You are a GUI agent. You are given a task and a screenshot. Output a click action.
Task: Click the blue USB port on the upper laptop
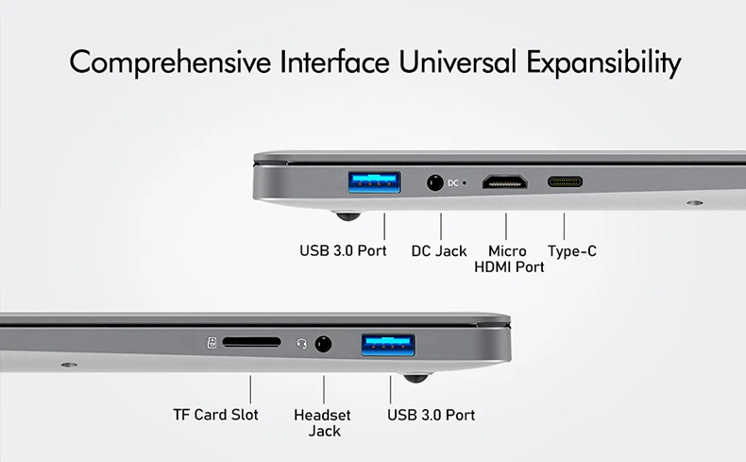click(x=375, y=180)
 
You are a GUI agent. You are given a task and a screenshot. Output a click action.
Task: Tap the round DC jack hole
click(x=435, y=181)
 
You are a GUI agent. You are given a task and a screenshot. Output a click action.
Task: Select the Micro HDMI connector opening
click(x=505, y=181)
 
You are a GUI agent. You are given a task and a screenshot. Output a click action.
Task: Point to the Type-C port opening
click(x=565, y=181)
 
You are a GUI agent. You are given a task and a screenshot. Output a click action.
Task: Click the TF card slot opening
click(x=251, y=342)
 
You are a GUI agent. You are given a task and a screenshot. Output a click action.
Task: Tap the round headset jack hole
click(x=324, y=344)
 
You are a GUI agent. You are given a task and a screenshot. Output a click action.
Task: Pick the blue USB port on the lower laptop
click(x=388, y=345)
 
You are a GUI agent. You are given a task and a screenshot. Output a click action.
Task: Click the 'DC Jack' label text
click(x=439, y=251)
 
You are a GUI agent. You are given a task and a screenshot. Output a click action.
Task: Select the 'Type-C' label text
click(x=572, y=251)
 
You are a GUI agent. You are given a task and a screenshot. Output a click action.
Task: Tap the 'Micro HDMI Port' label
click(x=508, y=259)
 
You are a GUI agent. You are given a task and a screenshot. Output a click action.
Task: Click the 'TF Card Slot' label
click(x=215, y=415)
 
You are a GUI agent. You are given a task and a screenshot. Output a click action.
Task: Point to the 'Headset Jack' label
click(x=323, y=422)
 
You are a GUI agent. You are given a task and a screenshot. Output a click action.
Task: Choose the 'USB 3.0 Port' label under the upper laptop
click(x=343, y=251)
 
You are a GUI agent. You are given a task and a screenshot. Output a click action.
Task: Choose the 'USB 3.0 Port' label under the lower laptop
click(x=432, y=415)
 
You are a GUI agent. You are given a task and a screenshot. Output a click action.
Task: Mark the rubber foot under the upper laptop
click(x=348, y=215)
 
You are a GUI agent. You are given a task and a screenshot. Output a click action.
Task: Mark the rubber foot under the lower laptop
click(x=415, y=378)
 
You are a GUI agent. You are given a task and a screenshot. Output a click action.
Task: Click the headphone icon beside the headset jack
click(x=301, y=343)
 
